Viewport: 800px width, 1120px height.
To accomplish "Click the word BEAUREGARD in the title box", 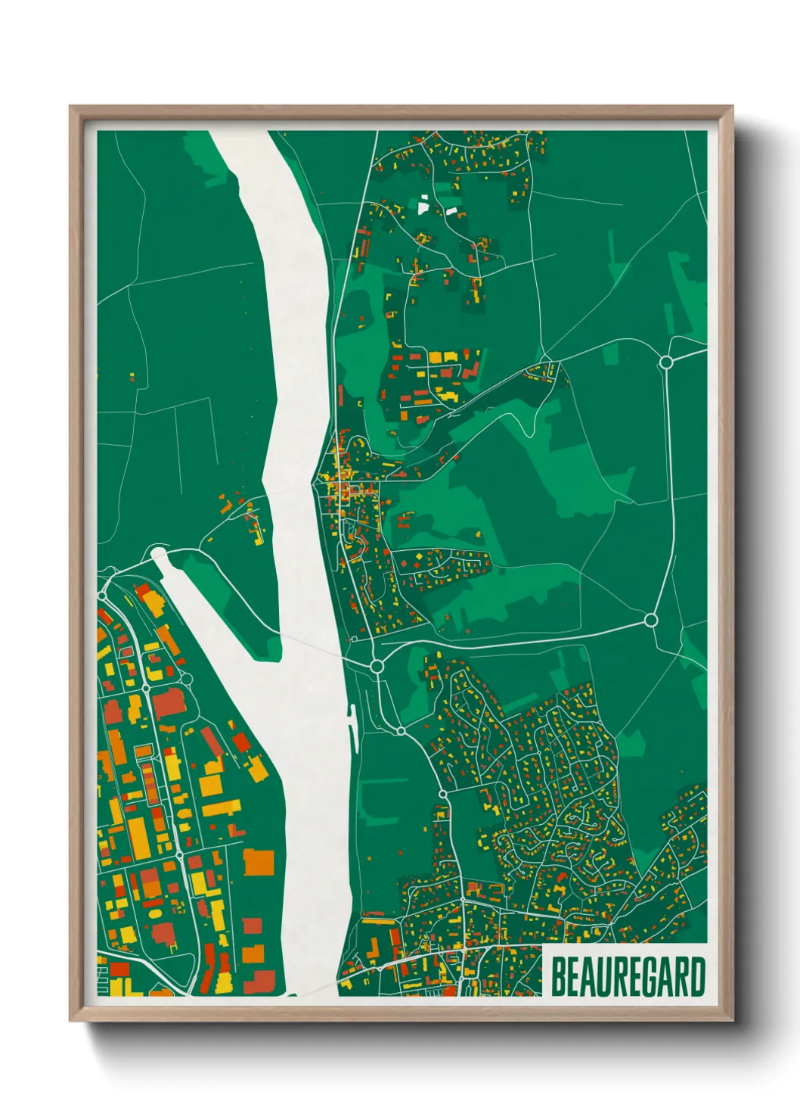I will (x=628, y=977).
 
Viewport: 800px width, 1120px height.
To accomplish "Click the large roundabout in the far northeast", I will (x=666, y=362).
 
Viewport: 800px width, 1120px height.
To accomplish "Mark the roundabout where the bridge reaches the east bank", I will (x=377, y=666).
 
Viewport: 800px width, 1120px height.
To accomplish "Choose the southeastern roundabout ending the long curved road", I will (x=650, y=621).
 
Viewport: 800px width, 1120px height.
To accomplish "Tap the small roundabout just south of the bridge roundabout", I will (x=400, y=731).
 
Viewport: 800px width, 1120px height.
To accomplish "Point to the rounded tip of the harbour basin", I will (x=158, y=555).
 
